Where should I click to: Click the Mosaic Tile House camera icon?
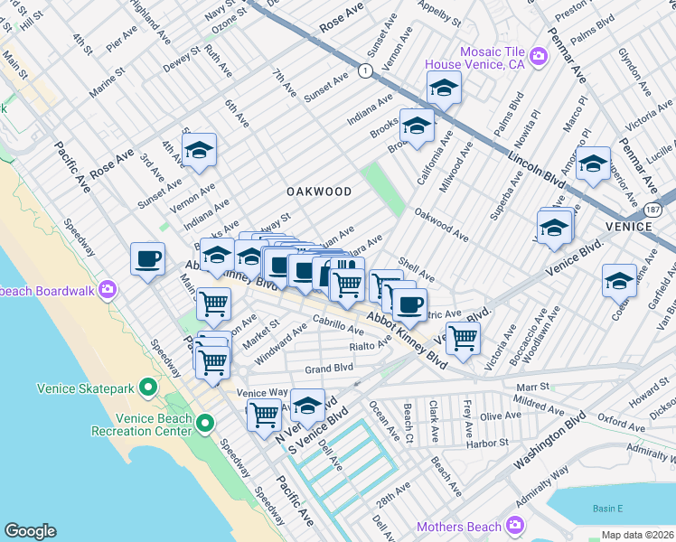540,58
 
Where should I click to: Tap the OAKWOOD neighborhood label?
318,192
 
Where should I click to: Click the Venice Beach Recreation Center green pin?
205,422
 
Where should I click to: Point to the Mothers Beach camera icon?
514,526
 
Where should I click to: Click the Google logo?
30,531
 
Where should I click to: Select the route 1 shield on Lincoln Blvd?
363,70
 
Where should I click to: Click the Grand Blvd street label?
328,369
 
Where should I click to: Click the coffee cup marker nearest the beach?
148,260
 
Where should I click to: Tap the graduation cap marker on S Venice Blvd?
307,406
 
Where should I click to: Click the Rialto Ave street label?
368,346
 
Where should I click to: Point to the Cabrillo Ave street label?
338,324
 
